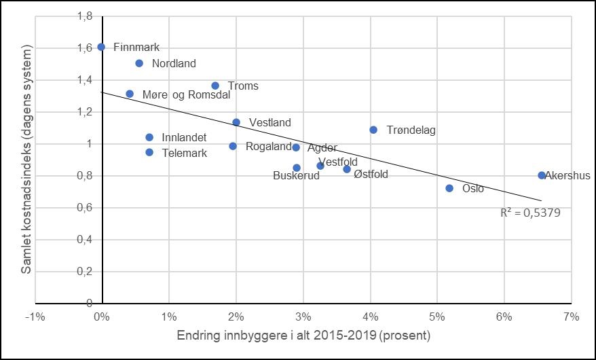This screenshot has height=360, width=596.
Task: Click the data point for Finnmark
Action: click(x=101, y=47)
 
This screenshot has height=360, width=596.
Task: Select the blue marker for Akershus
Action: click(x=542, y=175)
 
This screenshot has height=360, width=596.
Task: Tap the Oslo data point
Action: click(x=449, y=188)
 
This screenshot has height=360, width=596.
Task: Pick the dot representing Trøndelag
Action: click(x=373, y=130)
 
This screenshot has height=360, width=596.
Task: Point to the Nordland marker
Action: click(x=139, y=63)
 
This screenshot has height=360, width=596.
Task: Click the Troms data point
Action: click(x=215, y=86)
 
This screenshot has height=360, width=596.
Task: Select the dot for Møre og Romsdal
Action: click(x=130, y=94)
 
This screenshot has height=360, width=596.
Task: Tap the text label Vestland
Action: click(x=269, y=123)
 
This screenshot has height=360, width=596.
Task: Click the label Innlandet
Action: click(x=184, y=138)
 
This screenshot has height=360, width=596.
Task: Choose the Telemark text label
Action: click(x=185, y=154)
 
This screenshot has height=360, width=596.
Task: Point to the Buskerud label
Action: click(x=296, y=176)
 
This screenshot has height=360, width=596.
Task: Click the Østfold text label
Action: click(x=371, y=175)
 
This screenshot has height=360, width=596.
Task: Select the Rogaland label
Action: click(x=268, y=147)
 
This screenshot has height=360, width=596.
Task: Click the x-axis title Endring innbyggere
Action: click(x=303, y=336)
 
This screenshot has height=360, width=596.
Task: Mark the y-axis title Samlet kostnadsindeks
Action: click(x=26, y=160)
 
